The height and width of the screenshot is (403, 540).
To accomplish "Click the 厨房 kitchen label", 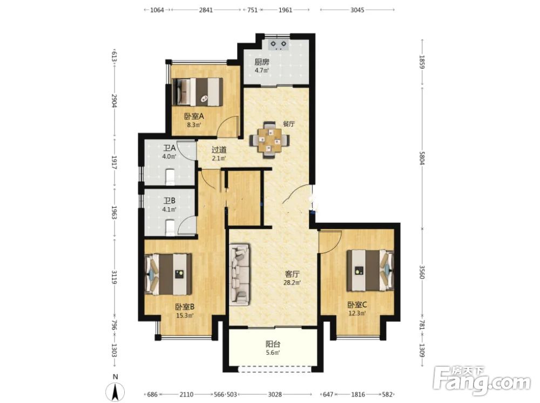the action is point(262,62).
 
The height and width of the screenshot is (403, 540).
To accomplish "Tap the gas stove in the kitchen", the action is point(279,45).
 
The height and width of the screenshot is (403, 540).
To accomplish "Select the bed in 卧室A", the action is point(198,92).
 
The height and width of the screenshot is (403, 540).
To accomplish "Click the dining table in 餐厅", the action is point(269,140).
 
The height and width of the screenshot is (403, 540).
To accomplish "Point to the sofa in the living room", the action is point(240,275).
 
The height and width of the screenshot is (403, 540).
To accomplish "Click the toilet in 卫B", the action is point(171,227).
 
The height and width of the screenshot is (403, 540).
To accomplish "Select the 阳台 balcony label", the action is point(273,344).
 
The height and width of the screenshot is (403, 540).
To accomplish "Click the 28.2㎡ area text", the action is point(292,282).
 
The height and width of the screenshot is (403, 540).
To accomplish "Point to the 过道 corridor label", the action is point(219,150).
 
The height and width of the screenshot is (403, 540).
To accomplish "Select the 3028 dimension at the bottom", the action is point(275,394).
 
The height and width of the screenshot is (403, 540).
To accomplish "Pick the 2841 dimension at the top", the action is point(206,10).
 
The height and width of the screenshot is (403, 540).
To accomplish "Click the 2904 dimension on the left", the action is point(114,101).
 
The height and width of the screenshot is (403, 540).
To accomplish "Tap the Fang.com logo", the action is point(482,381).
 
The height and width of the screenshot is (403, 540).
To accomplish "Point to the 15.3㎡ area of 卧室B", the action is point(185,315).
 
